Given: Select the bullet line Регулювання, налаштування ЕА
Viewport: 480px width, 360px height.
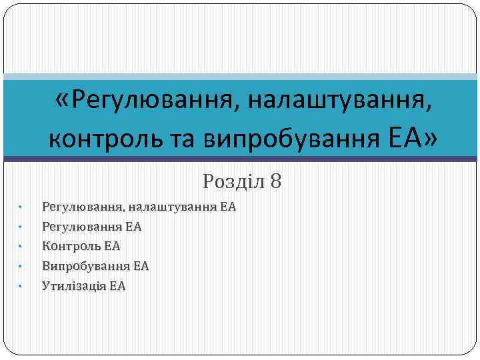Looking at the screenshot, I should click(x=139, y=207).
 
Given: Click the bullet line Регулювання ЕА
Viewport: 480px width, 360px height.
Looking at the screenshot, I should click(x=91, y=227).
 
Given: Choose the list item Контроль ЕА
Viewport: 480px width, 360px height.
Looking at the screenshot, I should click(x=81, y=246).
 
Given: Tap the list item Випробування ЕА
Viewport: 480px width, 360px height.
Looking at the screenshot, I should click(x=95, y=266).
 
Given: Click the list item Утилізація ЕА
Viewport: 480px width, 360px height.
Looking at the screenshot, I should click(x=83, y=286).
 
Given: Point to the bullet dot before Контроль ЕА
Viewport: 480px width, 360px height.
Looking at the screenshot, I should click(x=21, y=247).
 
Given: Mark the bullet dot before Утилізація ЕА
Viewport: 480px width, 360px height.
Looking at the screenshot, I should click(x=21, y=287).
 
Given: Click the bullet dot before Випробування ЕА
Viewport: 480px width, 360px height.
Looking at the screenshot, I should click(x=21, y=267).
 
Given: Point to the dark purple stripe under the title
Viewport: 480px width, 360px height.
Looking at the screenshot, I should click(x=240, y=159).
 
